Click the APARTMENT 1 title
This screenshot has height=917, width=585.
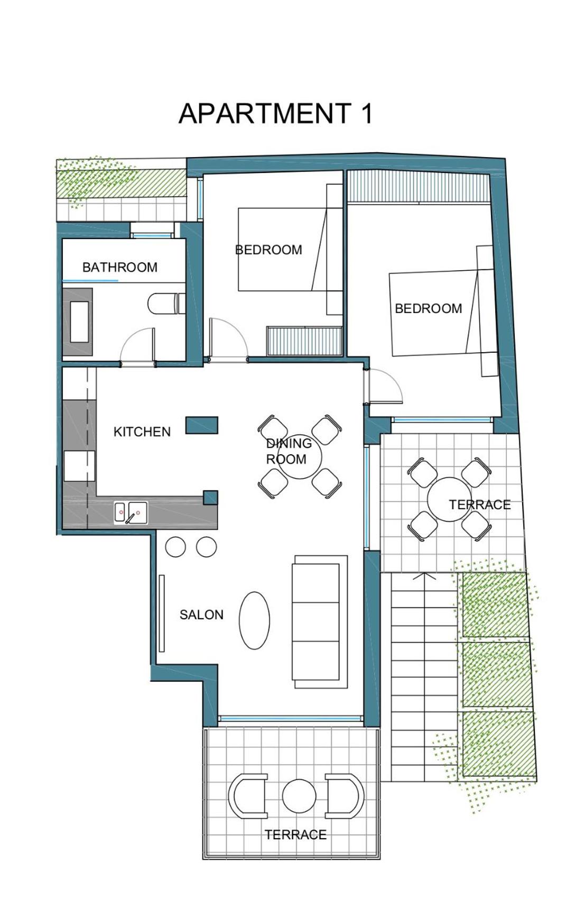tap(276, 113)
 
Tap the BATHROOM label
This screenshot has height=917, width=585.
tap(120, 267)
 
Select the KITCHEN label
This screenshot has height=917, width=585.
tap(142, 432)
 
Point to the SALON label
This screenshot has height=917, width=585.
tap(201, 615)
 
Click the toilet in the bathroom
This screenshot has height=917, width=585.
tap(165, 304)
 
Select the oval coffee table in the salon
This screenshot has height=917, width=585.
tap(254, 620)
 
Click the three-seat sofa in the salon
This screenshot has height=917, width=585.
tap(319, 621)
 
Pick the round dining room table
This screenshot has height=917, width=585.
tap(300, 458)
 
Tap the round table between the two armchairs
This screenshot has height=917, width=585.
tap(299, 796)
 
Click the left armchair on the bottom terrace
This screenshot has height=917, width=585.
tap(247, 796)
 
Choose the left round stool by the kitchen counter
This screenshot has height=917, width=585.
tap(175, 547)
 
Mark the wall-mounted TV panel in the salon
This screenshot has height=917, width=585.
tap(162, 613)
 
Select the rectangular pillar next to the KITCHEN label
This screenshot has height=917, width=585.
tap(201, 425)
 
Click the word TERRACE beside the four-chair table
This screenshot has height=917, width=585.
tap(480, 505)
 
